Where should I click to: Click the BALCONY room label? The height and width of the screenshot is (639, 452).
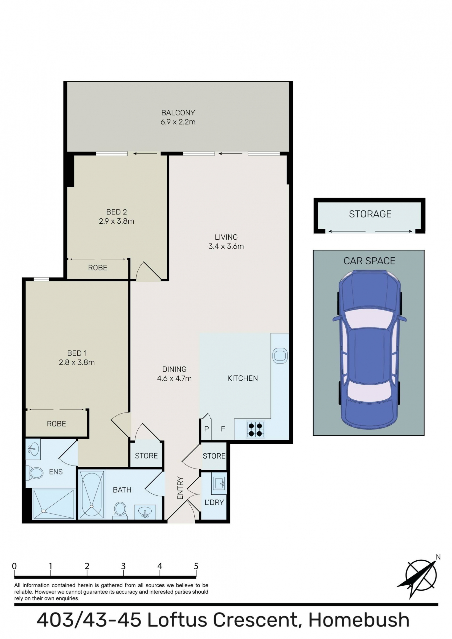pos(178,113)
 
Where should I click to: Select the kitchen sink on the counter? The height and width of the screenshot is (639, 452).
pos(280,355)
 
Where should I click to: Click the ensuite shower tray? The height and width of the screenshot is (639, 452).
pos(53,504)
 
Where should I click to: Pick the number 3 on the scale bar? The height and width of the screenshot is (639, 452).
pos(123,566)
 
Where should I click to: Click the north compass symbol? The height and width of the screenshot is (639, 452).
pos(420,575)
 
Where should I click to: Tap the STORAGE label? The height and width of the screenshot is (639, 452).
pos(370,214)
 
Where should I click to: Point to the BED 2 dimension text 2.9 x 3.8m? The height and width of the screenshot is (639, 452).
pos(116,221)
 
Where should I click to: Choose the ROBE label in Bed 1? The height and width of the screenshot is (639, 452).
pos(56,424)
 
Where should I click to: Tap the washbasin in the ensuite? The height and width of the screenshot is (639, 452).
pos(33,450)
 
